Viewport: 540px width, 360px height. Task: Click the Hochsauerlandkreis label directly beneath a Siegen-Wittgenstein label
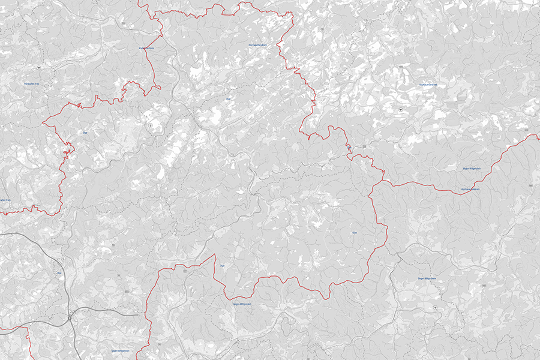[470, 190]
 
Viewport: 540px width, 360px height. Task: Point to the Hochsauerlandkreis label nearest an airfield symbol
[428, 85]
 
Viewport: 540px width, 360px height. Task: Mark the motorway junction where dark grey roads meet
[70, 317]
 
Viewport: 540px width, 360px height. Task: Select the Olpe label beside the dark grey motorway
[59, 273]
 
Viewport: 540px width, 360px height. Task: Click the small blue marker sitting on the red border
[349, 146]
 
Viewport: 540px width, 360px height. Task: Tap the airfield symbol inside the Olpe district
[150, 125]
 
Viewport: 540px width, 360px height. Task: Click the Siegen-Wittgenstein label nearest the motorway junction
[120, 349]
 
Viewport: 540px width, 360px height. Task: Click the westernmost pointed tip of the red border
[43, 122]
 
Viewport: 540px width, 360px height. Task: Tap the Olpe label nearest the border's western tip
[85, 133]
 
